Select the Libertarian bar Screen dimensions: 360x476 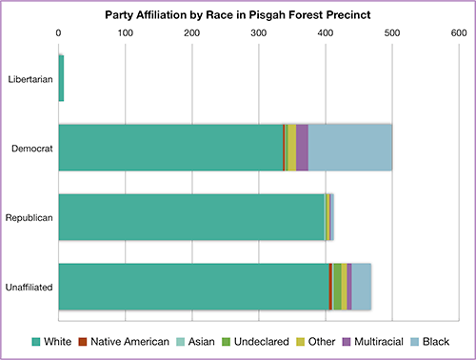coord(61,78)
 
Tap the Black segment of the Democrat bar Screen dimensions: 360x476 coord(349,147)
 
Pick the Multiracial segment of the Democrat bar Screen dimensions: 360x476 coord(302,147)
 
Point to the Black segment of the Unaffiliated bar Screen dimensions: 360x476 coord(362,286)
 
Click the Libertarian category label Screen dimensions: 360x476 coord(30,78)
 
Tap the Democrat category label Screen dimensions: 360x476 coord(32,148)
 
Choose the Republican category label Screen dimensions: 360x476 coord(30,217)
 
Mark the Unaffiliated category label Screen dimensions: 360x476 coord(29,287)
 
